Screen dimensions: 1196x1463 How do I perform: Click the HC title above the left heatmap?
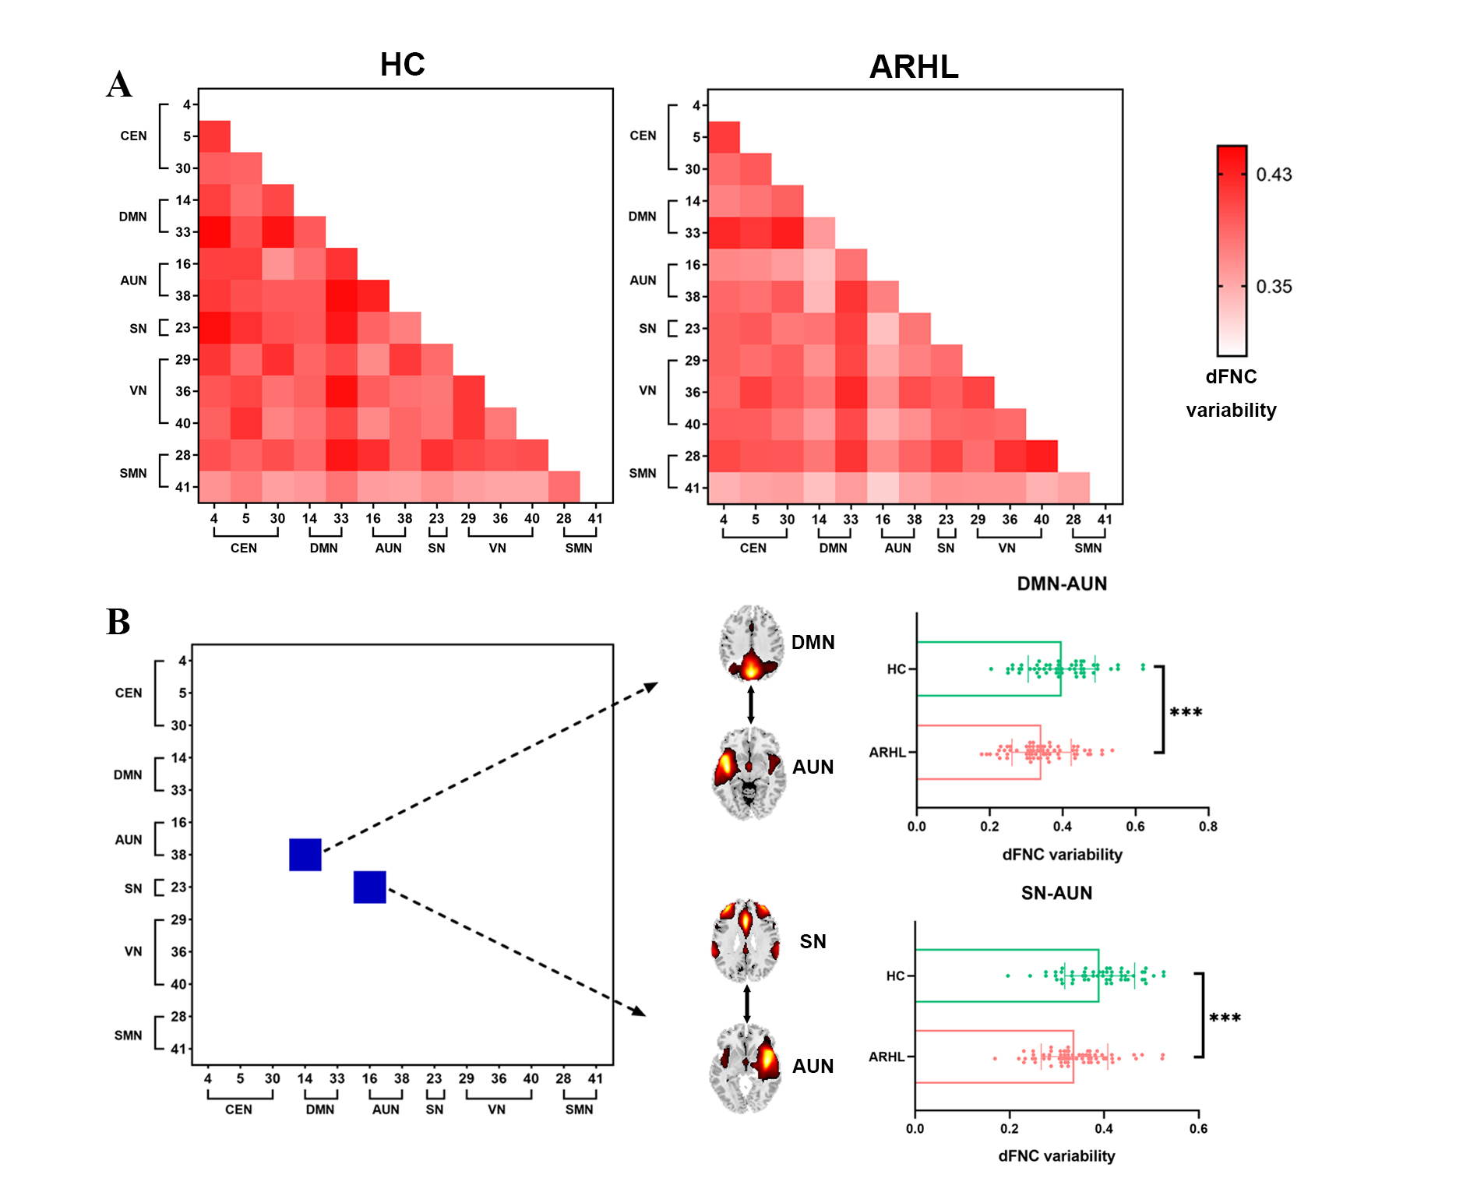[402, 65]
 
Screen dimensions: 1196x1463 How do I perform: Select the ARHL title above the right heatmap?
[913, 67]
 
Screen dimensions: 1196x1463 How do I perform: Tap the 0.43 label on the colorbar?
[1274, 175]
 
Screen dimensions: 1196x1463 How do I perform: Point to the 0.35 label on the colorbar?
[1274, 287]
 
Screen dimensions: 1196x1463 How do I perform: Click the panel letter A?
[119, 84]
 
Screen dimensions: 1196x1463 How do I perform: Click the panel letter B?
[118, 622]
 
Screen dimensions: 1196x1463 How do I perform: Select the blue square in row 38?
[305, 855]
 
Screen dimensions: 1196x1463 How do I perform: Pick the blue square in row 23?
[370, 887]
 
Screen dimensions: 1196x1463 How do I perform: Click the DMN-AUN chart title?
[1062, 584]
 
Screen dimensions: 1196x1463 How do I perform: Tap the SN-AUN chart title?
[1056, 893]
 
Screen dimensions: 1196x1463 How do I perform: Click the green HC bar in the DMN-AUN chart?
[989, 669]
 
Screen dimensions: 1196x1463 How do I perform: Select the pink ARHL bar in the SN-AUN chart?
[994, 1057]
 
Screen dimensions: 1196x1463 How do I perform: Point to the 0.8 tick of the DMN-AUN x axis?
[1207, 826]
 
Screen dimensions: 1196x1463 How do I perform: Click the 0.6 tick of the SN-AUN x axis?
[1198, 1128]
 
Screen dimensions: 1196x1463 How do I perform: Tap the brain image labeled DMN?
[750, 644]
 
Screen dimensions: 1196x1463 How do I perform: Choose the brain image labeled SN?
[746, 940]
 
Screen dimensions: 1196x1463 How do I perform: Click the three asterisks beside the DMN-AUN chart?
[1186, 712]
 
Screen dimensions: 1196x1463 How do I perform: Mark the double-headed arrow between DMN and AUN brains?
[750, 704]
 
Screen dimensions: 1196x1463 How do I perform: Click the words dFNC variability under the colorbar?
[1231, 393]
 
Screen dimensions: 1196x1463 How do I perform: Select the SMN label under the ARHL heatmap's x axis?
[1088, 548]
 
